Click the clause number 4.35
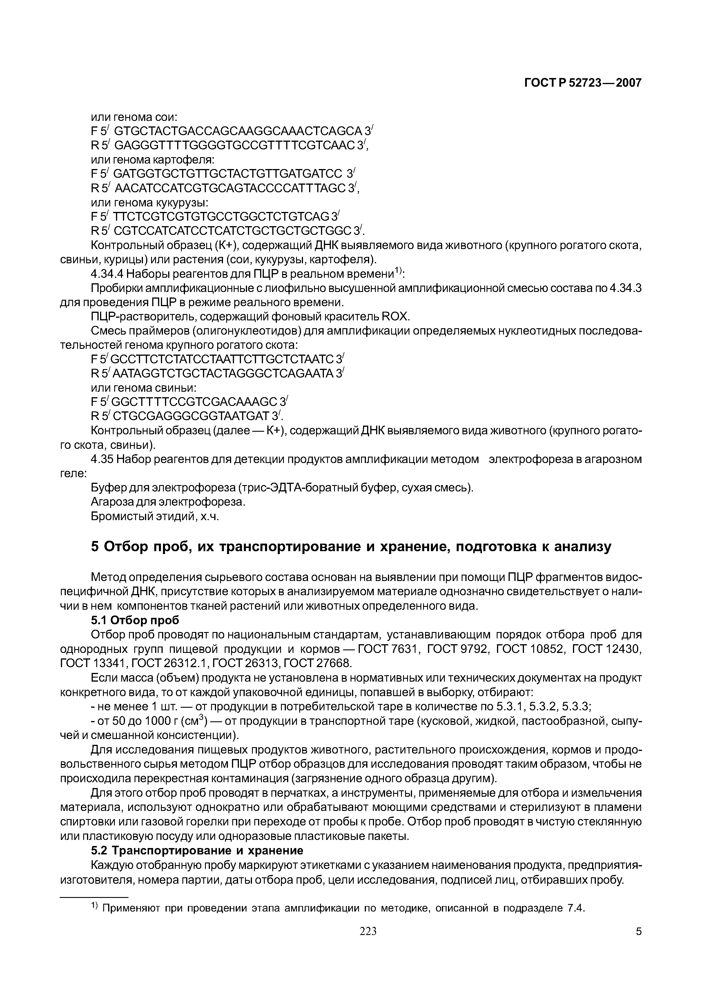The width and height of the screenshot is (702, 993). pyautogui.click(x=102, y=459)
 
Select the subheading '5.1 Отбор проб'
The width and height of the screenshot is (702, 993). pyautogui.click(x=135, y=620)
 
